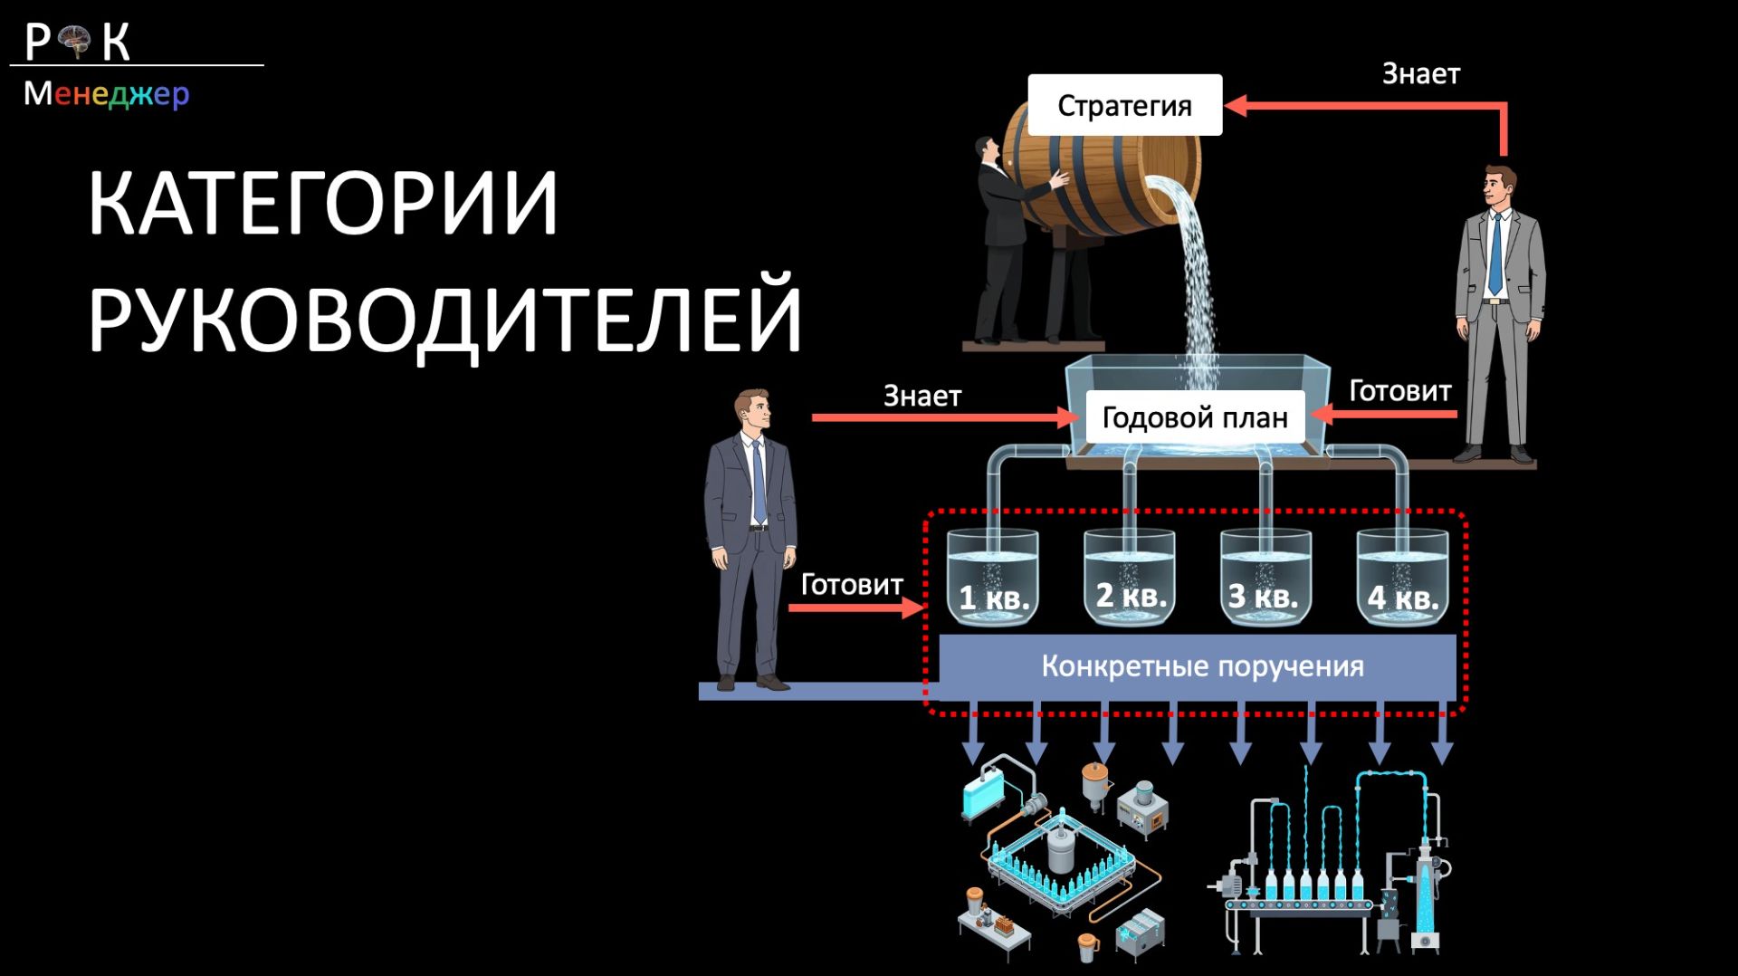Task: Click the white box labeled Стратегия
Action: tap(1124, 105)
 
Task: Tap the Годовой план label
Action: tap(1194, 417)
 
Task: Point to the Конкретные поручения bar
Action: tap(1201, 666)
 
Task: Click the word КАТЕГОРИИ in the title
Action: tap(322, 204)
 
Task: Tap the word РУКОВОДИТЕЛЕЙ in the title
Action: tap(444, 318)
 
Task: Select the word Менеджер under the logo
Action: tap(106, 93)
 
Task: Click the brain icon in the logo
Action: tap(75, 41)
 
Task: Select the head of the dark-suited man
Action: tap(753, 413)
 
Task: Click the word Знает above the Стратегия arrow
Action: tap(1420, 74)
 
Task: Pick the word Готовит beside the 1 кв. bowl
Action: tap(851, 585)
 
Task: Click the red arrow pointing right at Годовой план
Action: tap(941, 418)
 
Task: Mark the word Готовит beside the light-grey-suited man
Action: tap(1399, 391)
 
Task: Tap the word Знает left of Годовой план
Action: tap(922, 396)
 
